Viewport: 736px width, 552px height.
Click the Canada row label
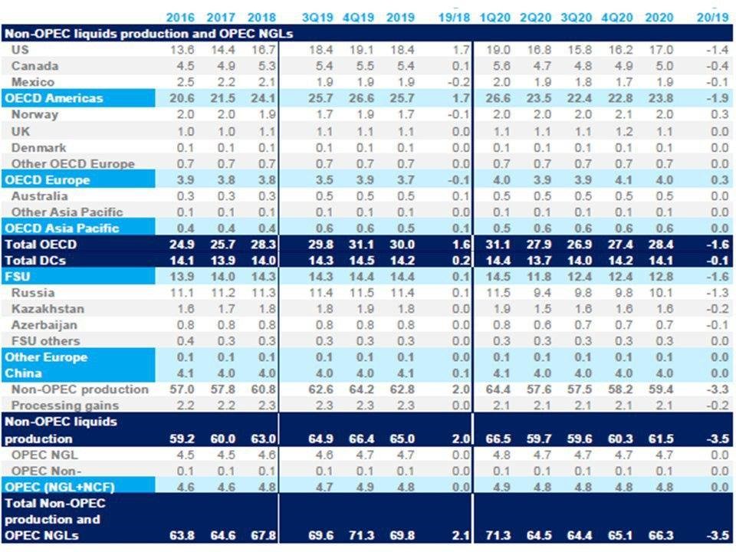tap(35, 66)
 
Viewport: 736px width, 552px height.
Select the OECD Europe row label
tap(47, 180)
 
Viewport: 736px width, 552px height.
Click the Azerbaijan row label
tap(44, 325)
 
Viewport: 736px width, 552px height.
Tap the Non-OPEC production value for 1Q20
tap(492, 389)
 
